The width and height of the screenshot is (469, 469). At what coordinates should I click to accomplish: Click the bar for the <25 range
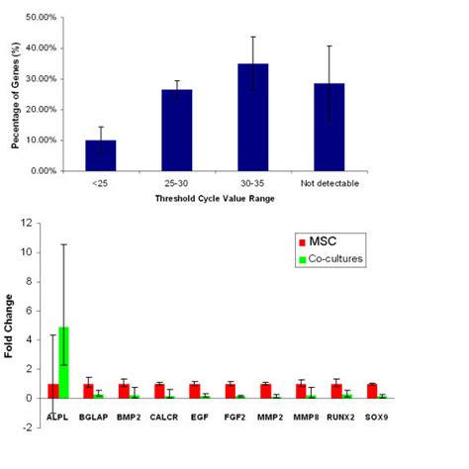(101, 155)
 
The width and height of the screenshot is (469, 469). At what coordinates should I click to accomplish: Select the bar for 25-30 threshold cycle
(177, 130)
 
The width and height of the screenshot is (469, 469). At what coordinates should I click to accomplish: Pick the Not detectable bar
(329, 127)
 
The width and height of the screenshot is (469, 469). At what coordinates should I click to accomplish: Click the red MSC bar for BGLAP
(88, 391)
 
